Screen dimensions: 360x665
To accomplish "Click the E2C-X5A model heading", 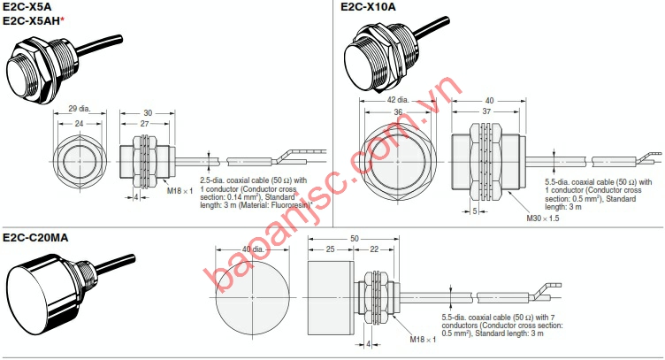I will coord(27,7).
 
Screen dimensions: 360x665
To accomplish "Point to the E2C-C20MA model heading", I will coord(36,236).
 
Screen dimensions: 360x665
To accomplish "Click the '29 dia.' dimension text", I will coord(79,109).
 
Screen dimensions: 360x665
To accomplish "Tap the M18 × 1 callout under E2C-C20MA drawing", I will coord(423,340).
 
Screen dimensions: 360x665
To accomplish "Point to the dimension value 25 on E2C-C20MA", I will coord(329,250).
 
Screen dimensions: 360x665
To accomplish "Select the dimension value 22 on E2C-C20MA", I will coord(375,250).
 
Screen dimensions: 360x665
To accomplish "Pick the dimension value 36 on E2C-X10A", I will coord(398,113).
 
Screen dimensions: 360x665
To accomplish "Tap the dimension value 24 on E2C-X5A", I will coord(78,125).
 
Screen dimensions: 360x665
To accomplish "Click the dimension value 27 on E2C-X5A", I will coord(145,125).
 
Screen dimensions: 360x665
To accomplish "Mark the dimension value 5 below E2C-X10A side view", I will coord(474,211).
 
